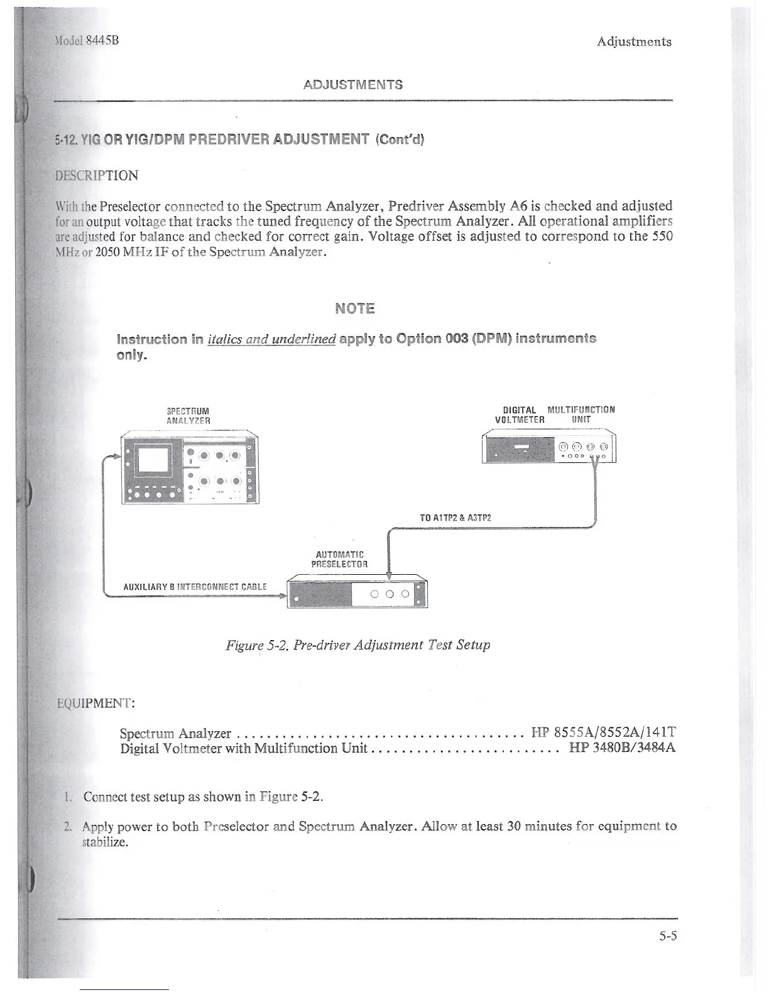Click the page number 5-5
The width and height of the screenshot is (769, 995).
click(x=667, y=936)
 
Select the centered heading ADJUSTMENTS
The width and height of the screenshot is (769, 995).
click(x=352, y=84)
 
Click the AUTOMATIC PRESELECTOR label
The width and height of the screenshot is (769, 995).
click(x=339, y=559)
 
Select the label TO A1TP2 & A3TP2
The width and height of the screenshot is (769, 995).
click(x=455, y=518)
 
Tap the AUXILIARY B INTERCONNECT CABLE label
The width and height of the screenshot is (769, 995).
click(x=195, y=587)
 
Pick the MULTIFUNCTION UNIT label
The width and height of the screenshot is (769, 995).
click(x=581, y=415)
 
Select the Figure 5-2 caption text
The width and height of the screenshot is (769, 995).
click(x=358, y=645)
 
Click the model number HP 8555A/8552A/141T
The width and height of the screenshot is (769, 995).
click(x=603, y=732)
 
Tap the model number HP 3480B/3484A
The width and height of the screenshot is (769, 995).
click(x=622, y=748)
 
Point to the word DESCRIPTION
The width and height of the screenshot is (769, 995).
click(x=97, y=175)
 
